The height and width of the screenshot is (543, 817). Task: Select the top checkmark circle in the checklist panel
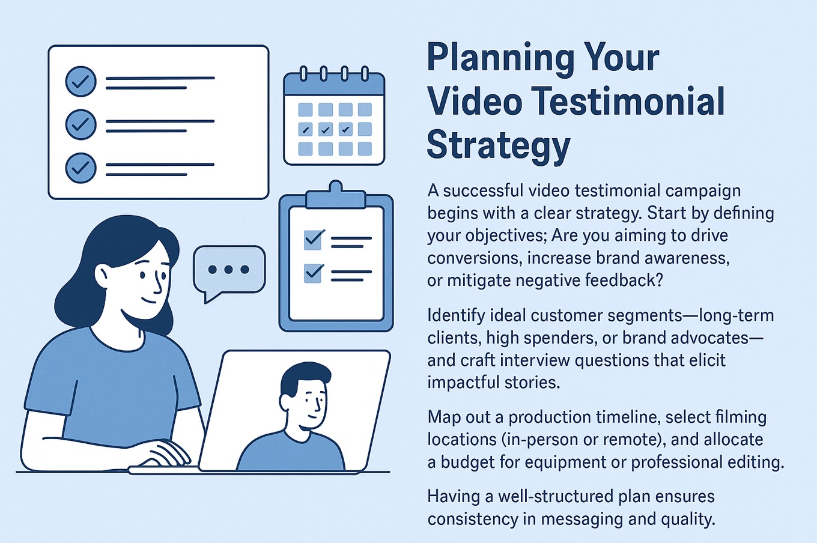pyautogui.click(x=81, y=81)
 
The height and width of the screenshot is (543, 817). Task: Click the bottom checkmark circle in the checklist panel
pyautogui.click(x=81, y=168)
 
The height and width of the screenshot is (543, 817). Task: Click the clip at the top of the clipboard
pyautogui.click(x=336, y=196)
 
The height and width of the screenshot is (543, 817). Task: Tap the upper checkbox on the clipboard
pyautogui.click(x=313, y=240)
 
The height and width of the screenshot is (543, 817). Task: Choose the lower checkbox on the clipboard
pyautogui.click(x=313, y=273)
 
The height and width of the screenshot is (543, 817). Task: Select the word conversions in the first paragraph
pyautogui.click(x=473, y=258)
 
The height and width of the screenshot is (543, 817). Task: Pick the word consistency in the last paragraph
pyautogui.click(x=473, y=519)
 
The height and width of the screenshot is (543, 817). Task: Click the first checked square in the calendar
pyautogui.click(x=305, y=130)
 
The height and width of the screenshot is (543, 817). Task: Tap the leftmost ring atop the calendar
pyautogui.click(x=303, y=73)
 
